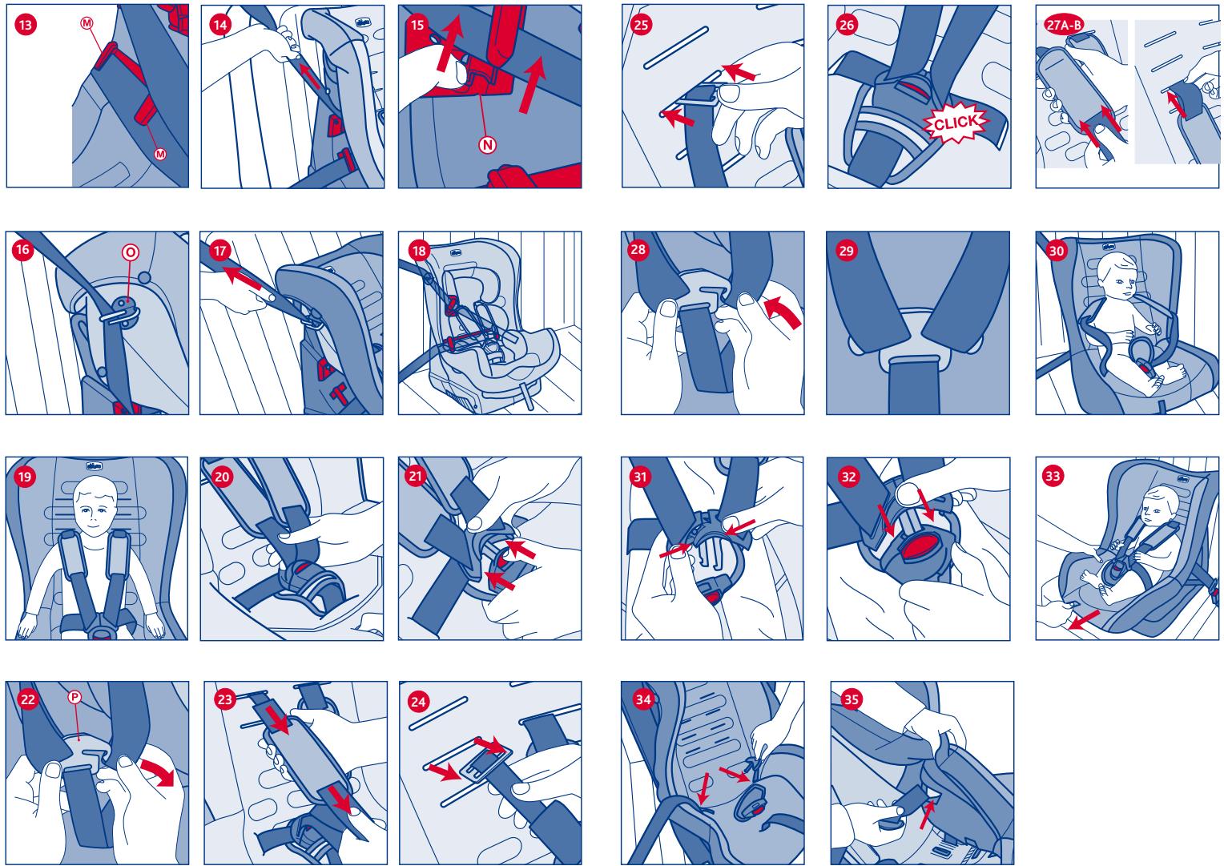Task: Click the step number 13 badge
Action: click(26, 25)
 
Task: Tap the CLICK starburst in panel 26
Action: click(955, 123)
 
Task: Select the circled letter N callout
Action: click(487, 145)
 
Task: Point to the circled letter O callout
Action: click(130, 252)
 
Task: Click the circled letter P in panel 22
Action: click(74, 697)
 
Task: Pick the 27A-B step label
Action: click(1063, 25)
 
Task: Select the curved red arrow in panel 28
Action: click(782, 312)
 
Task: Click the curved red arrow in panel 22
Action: click(158, 771)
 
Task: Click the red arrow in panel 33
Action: click(1084, 620)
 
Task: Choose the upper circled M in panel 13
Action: click(87, 23)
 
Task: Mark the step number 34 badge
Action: click(642, 699)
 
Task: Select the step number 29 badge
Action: click(846, 251)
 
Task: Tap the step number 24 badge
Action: click(418, 702)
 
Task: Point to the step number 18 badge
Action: click(419, 251)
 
